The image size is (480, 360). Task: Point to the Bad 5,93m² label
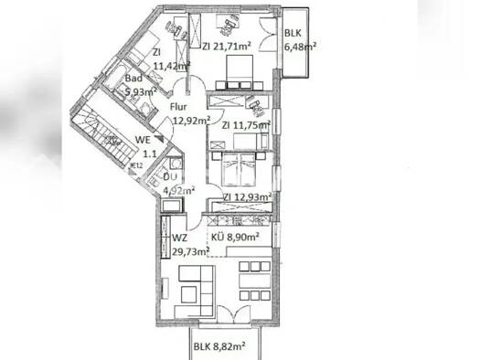point(140,85)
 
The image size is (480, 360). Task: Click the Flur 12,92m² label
point(190,112)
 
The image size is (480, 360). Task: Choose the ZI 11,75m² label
point(240,125)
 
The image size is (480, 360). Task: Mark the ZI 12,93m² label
point(246,196)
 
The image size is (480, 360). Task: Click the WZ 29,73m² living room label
point(187,245)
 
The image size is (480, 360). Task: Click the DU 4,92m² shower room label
point(176,185)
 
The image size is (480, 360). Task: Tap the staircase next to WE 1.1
point(104,128)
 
